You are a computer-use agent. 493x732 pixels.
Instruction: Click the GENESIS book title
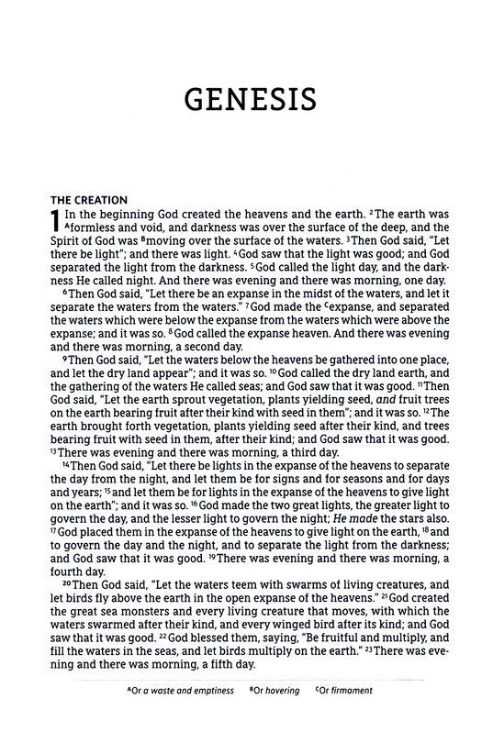246,99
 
